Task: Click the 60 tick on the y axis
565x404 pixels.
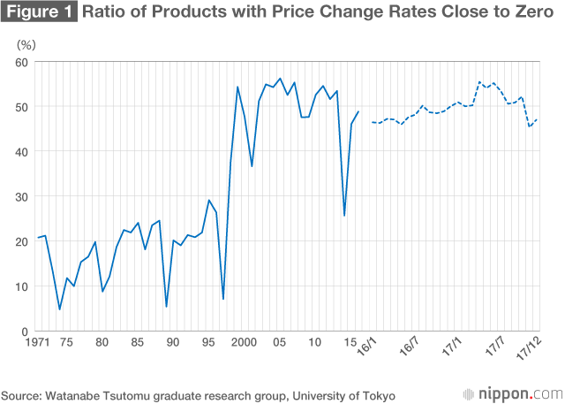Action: pos(24,62)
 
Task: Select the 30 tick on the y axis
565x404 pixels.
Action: pos(24,196)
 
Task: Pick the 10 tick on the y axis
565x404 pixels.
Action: pos(24,286)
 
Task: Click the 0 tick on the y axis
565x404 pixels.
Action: pos(26,332)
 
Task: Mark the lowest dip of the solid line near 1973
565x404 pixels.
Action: pos(59,309)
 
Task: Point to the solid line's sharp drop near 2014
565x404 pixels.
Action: pos(344,216)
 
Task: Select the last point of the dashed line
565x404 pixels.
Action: pos(538,119)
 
